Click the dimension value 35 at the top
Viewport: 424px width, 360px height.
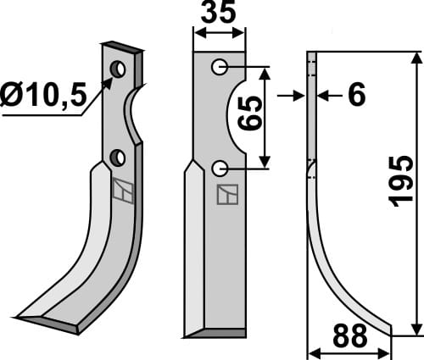(x=220, y=14)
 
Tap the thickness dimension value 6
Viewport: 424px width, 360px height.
(x=355, y=96)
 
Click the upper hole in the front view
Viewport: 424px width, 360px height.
(x=220, y=67)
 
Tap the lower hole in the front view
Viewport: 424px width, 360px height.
(x=220, y=168)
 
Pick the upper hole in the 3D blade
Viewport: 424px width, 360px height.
(x=120, y=68)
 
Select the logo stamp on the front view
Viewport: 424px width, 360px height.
(x=227, y=195)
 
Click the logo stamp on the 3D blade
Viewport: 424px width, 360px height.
(x=124, y=193)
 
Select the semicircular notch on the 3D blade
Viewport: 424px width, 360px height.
(x=134, y=119)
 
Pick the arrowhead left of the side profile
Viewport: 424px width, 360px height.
(x=301, y=96)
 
